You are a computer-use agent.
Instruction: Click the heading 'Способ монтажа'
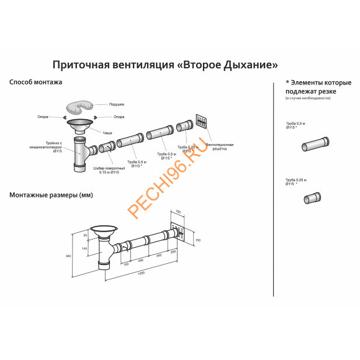click(35, 82)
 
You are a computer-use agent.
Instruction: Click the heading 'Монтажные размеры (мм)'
click(51, 195)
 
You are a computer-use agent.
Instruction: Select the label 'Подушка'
click(117, 104)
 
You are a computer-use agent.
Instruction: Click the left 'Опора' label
click(53, 116)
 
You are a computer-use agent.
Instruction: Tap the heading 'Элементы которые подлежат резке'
click(310, 86)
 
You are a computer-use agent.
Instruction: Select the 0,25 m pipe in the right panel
click(312, 199)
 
